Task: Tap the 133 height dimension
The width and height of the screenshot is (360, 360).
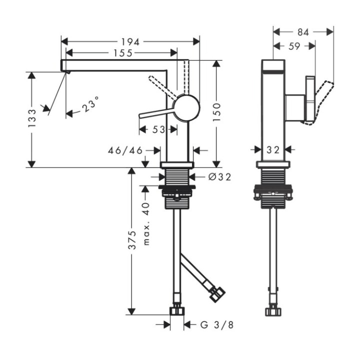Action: click(x=31, y=119)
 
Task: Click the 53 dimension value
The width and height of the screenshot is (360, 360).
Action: click(x=158, y=129)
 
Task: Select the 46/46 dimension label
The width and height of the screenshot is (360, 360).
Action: click(x=125, y=149)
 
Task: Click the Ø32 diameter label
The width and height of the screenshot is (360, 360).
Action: click(x=219, y=176)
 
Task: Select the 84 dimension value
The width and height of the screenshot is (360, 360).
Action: click(x=303, y=32)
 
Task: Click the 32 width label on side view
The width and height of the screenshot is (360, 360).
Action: click(x=273, y=149)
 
